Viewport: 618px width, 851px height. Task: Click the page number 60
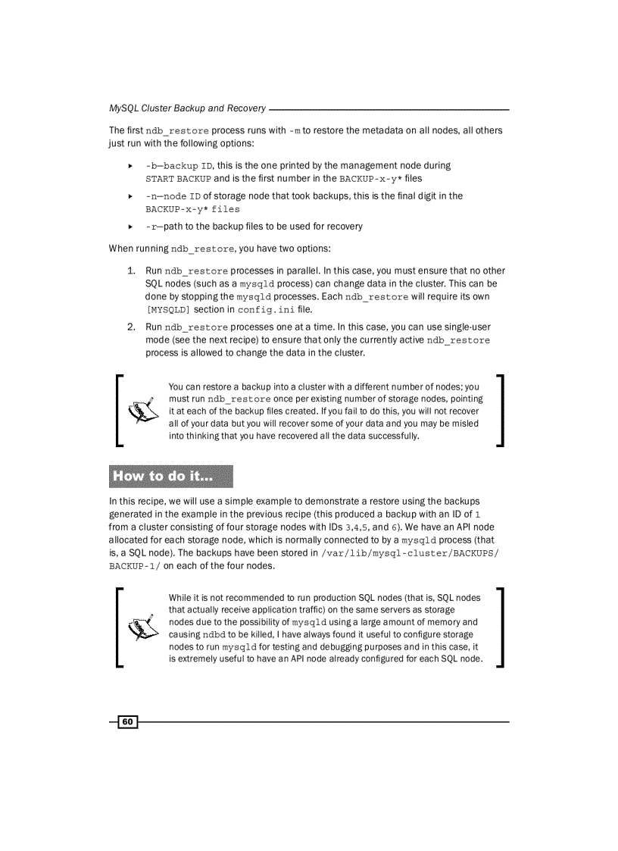[127, 721]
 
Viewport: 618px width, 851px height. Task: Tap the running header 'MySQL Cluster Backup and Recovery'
[187, 108]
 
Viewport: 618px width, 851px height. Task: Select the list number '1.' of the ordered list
[131, 271]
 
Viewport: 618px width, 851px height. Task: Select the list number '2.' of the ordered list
[131, 327]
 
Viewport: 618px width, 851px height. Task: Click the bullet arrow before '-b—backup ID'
[130, 165]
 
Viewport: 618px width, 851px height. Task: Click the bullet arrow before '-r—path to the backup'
[130, 227]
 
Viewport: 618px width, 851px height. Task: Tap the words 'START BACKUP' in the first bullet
[178, 179]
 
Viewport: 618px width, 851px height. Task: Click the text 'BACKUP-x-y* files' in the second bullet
[192, 209]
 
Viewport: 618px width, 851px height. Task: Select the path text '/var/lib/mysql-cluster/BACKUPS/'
[410, 553]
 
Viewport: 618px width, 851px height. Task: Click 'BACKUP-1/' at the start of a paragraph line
[134, 566]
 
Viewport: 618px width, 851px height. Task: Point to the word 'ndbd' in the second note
[214, 634]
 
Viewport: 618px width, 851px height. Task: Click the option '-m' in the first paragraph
[295, 130]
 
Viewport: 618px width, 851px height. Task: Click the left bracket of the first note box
[120, 409]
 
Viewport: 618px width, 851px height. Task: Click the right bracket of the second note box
[500, 627]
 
